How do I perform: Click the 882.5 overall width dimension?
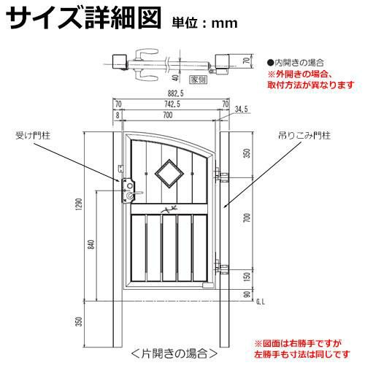[x=175, y=93]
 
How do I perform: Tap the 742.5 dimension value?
[x=172, y=104]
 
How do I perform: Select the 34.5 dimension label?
[x=241, y=109]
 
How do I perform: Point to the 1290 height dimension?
[x=79, y=204]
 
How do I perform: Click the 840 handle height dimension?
[x=91, y=245]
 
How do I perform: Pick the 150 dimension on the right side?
[x=247, y=277]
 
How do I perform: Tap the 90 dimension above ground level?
[x=247, y=294]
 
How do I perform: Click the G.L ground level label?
[x=261, y=302]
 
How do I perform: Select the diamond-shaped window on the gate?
[x=169, y=173]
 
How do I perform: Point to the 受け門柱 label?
[x=33, y=136]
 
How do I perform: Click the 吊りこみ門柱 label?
[x=304, y=135]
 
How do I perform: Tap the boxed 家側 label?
[x=199, y=80]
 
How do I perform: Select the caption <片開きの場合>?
[x=174, y=353]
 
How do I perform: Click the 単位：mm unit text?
[x=204, y=23]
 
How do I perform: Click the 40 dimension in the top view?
[x=175, y=78]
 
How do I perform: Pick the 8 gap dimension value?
[x=118, y=115]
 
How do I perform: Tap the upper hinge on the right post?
[x=221, y=174]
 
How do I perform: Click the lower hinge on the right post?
[x=221, y=267]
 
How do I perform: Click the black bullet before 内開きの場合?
[x=270, y=63]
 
